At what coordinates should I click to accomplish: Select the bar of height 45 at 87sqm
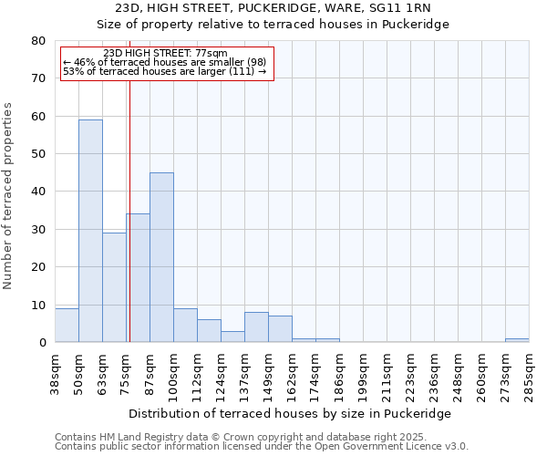pos(161,257)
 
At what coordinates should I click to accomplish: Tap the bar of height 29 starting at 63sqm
pos(114,287)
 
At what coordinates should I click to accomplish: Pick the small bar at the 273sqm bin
pos(517,340)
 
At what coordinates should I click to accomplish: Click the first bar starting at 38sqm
pos(67,326)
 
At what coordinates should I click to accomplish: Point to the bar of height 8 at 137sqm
pos(256,327)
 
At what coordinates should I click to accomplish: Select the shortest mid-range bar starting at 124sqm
pos(232,337)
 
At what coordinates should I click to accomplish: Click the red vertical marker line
pos(129,201)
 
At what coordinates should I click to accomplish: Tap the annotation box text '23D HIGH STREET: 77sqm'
pos(166,54)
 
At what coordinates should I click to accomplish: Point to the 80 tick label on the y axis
pos(38,41)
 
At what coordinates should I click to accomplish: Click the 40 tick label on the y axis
pos(38,192)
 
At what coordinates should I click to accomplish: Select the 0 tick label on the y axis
pos(42,343)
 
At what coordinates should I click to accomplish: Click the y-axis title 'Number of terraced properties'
pos(8,196)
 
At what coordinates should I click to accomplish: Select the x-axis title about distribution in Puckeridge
pos(290,413)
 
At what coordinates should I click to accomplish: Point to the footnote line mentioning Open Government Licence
pos(262,447)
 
